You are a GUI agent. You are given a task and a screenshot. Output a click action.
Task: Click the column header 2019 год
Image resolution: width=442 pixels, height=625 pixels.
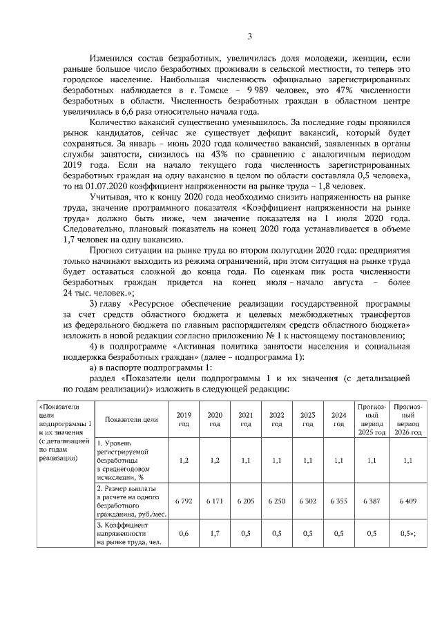point(184,419)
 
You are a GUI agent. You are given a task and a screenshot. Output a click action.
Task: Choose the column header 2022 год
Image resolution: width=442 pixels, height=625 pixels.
point(276,419)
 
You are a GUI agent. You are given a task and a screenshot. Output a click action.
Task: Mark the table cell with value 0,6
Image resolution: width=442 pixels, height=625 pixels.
point(184,533)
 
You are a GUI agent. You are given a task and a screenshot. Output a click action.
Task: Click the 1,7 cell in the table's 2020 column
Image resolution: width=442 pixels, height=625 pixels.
point(215,533)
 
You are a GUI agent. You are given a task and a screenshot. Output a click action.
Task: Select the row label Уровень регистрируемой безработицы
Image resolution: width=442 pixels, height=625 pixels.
point(123,459)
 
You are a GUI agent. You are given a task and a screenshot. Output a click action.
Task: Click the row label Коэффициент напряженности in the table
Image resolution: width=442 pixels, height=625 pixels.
point(123,533)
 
